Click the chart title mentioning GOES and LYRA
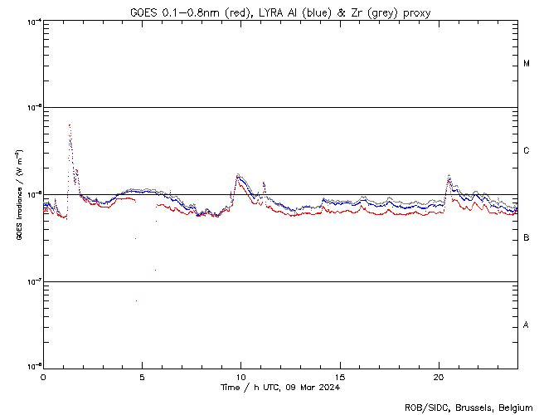tap(280, 12)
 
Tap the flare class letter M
tap(527, 64)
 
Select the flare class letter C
tap(527, 151)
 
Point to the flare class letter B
tap(527, 238)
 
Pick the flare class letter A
tap(527, 325)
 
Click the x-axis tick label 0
tap(43, 376)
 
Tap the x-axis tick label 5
tap(142, 376)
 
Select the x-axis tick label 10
tap(240, 376)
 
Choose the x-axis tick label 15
tap(339, 376)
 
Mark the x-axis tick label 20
tap(438, 376)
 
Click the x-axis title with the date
tap(280, 387)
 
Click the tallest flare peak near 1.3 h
tap(69, 125)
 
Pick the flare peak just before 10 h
tap(238, 174)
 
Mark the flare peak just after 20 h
tap(449, 175)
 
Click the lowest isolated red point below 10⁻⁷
tap(136, 300)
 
